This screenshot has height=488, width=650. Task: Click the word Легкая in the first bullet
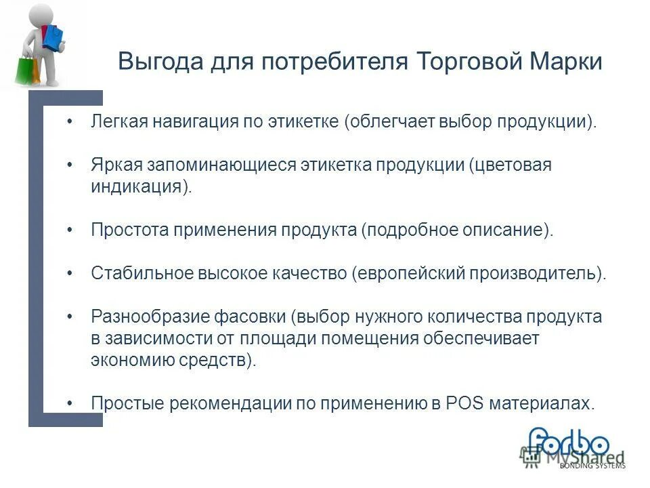click(118, 123)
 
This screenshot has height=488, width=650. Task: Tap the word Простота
click(130, 230)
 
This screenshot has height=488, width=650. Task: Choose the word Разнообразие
click(148, 316)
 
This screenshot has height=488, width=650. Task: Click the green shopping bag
click(25, 68)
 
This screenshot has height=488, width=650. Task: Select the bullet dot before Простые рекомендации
click(71, 403)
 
